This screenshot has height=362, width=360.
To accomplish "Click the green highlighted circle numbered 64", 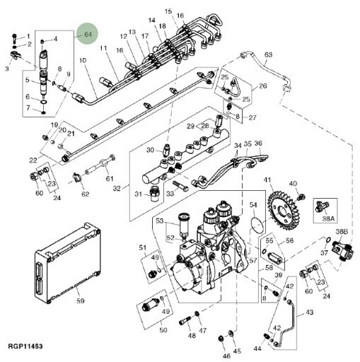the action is (x=88, y=33).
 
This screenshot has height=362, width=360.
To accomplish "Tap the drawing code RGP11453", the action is (x=25, y=346).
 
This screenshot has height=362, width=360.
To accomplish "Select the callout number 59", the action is (x=81, y=300).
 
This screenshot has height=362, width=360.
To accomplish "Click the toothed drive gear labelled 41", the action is (x=284, y=210).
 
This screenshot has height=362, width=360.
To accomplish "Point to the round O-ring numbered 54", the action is (x=257, y=226).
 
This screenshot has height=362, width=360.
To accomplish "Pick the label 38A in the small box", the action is (x=328, y=218).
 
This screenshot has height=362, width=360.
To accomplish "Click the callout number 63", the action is (x=268, y=54).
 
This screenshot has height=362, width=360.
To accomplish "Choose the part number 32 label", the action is (x=117, y=188).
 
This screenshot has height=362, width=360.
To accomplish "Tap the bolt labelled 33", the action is (x=180, y=186).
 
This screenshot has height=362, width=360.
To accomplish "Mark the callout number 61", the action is (x=110, y=179).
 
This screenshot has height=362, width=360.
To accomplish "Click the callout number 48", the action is (x=192, y=335).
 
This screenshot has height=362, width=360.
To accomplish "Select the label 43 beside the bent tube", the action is (x=310, y=312).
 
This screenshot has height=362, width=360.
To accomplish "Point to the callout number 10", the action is (x=83, y=60).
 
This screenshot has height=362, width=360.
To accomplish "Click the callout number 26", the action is (x=262, y=86).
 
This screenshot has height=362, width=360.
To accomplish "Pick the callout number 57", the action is (x=252, y=260).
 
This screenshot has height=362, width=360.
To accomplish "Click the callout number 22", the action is (x=33, y=160).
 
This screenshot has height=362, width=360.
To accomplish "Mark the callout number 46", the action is (x=226, y=356).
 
